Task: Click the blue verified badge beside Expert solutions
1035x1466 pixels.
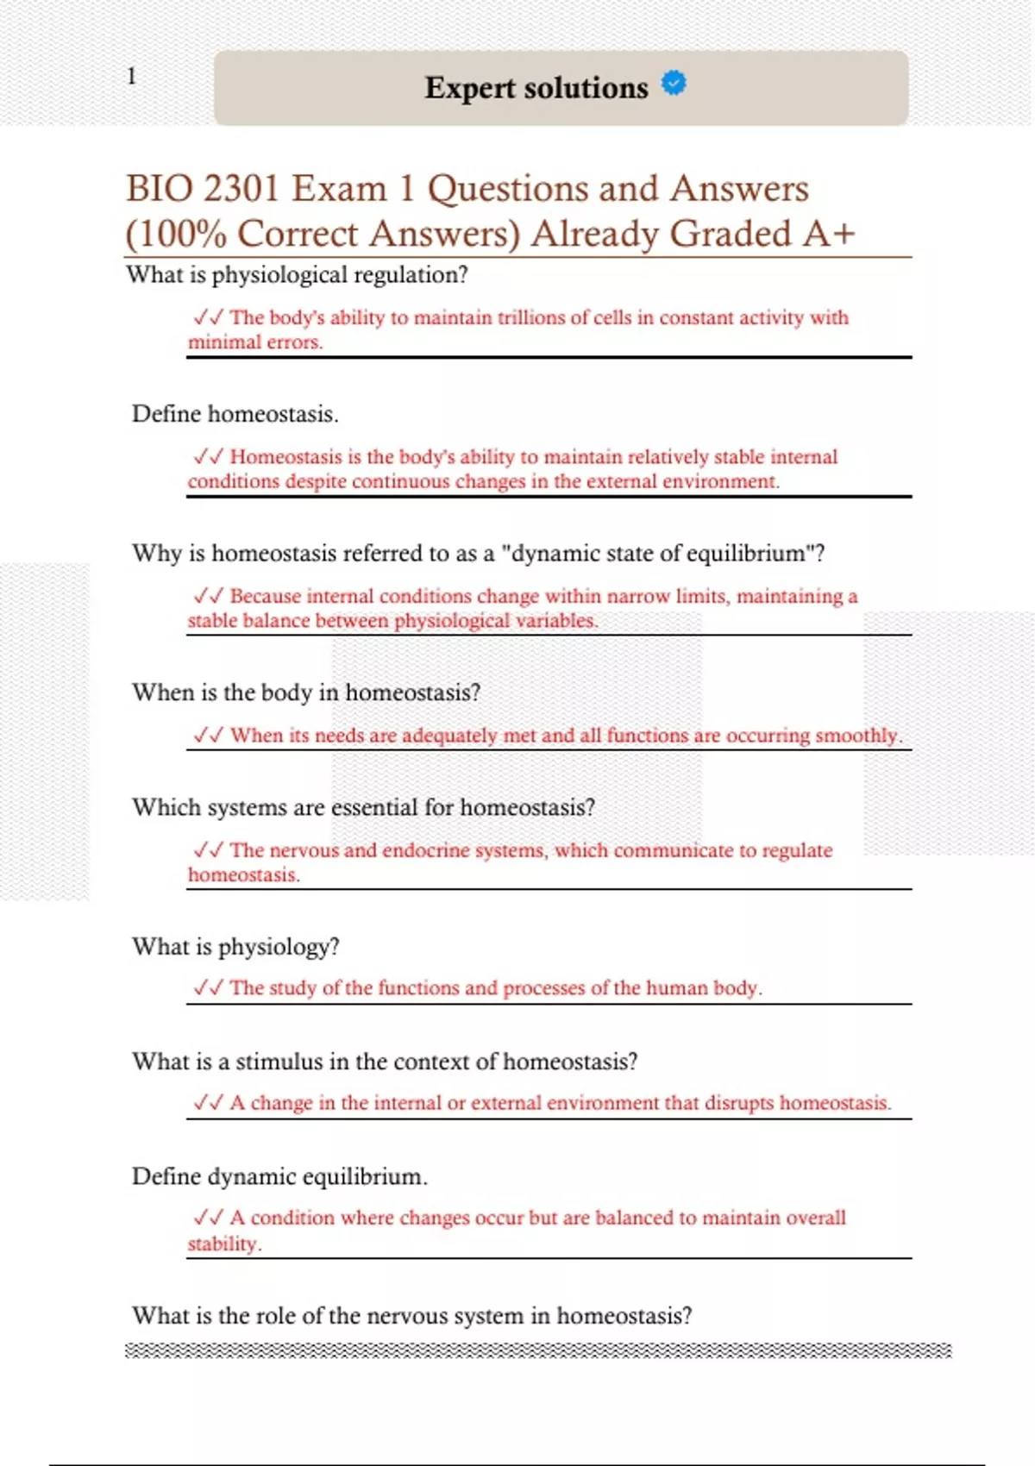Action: pos(674,83)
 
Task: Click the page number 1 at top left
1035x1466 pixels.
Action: pos(131,76)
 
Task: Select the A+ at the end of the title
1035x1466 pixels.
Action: pos(827,234)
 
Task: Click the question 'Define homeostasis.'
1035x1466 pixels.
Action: pos(235,414)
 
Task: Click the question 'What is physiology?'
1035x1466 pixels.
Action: pos(235,947)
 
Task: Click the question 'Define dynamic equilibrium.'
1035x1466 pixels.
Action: pos(279,1177)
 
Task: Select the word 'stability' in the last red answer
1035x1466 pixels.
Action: pos(223,1244)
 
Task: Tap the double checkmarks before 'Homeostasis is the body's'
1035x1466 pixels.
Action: pos(209,456)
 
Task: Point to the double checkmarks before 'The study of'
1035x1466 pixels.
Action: pos(209,987)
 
